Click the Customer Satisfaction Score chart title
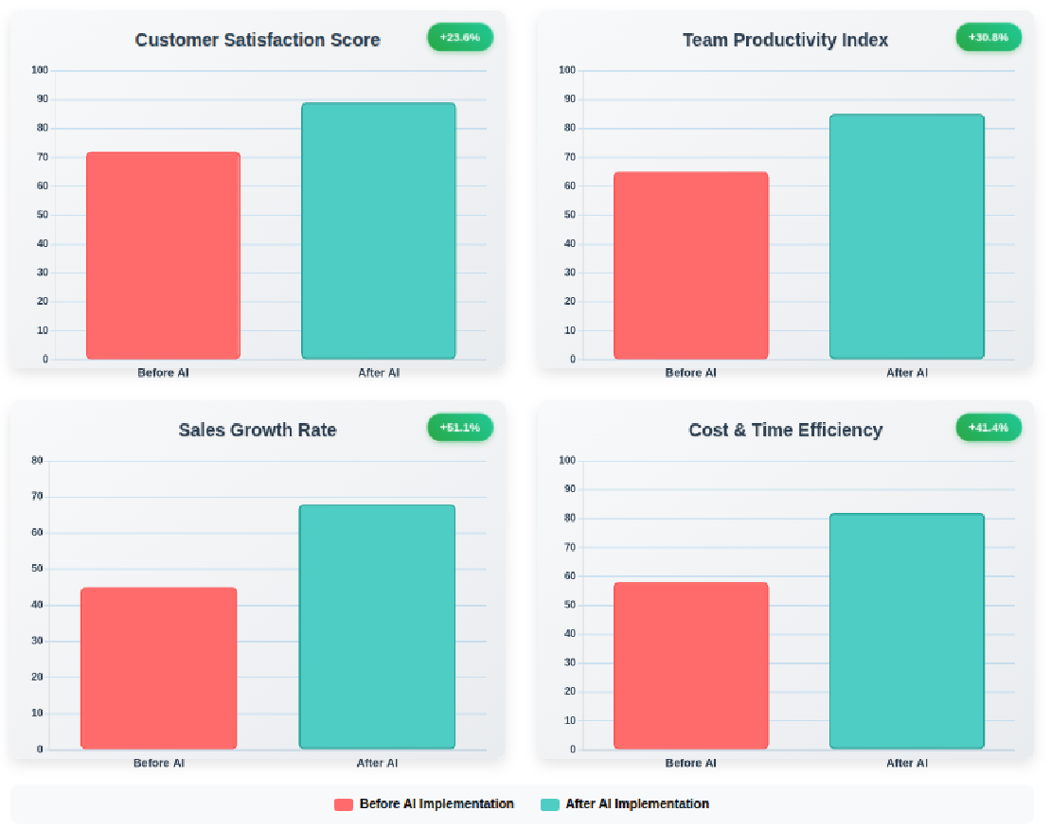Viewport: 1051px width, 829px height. coord(258,40)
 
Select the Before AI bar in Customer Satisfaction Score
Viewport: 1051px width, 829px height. coord(163,256)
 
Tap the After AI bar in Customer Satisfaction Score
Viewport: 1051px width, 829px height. coord(379,231)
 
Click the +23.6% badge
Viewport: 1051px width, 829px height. coord(460,38)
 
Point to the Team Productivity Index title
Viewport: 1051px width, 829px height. coord(785,40)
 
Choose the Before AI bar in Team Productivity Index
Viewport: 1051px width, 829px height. coord(691,266)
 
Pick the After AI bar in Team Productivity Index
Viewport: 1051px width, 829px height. coord(907,237)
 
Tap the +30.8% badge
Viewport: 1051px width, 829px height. coord(989,38)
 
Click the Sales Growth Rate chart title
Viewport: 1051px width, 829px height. coord(258,430)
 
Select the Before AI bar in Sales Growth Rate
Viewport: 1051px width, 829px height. coord(159,668)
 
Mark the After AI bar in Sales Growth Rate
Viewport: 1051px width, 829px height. coord(377,626)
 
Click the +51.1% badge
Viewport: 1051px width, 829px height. coord(460,428)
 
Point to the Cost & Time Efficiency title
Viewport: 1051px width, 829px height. coord(785,430)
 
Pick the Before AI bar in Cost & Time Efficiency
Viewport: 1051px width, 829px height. coord(691,665)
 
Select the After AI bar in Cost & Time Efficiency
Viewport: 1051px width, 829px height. coord(907,631)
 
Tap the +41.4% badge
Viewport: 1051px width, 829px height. coord(989,428)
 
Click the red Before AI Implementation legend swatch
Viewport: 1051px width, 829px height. coord(344,804)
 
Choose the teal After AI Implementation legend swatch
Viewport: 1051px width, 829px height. coord(550,804)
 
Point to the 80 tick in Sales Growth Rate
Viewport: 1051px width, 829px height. coord(38,461)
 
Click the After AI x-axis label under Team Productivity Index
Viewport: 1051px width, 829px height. coord(907,373)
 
